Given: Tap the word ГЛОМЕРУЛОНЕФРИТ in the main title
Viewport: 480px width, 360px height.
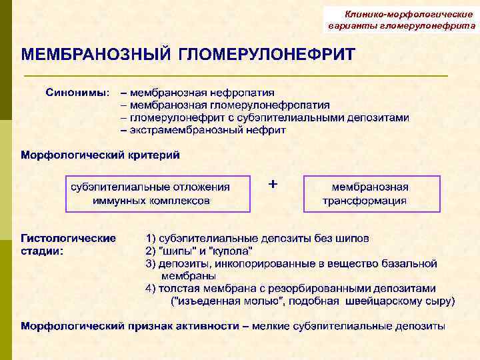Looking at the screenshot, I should click(x=267, y=54).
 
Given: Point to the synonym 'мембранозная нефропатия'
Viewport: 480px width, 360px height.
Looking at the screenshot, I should click(x=202, y=92).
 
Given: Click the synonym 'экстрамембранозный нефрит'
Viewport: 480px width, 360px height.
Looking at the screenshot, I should click(x=208, y=130).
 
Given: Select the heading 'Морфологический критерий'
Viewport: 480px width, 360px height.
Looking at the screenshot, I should click(x=100, y=155).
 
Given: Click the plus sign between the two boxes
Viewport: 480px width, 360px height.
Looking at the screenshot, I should click(x=272, y=183).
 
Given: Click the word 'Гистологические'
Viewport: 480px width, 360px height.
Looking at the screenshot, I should click(x=68, y=238).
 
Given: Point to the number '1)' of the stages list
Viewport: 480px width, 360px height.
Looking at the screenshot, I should click(x=151, y=238).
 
